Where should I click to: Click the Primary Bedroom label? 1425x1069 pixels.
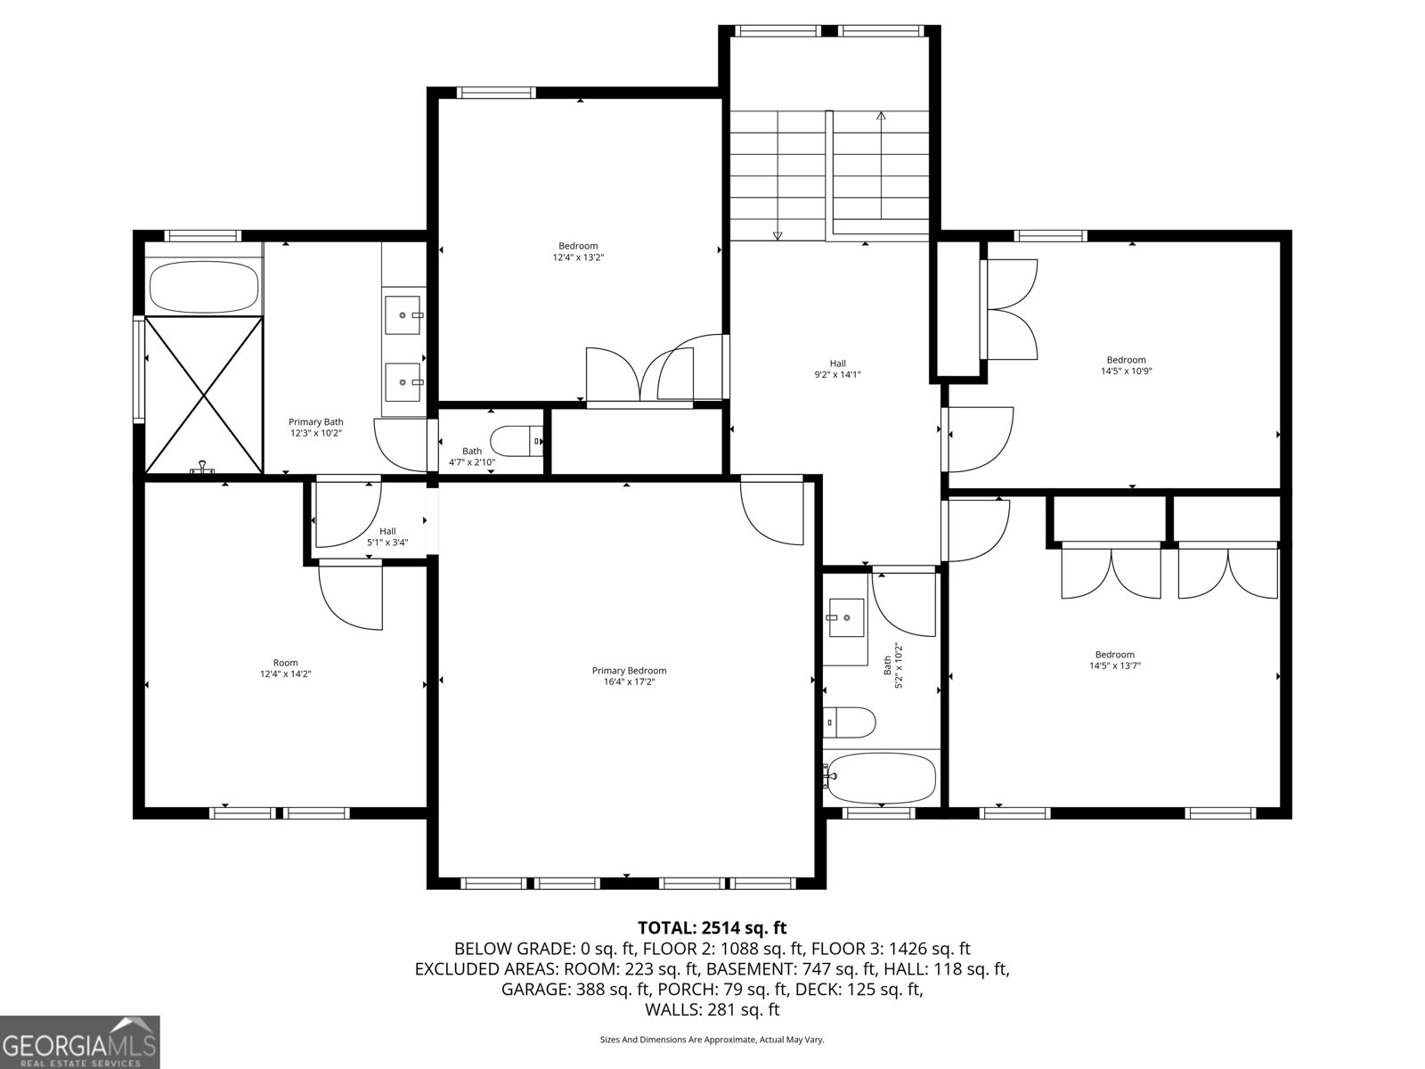629,671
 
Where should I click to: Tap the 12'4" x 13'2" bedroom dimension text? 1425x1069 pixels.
578,257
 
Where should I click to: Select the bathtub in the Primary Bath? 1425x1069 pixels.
204,287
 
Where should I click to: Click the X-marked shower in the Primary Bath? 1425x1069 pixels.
204,395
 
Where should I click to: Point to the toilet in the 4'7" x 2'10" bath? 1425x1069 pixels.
517,440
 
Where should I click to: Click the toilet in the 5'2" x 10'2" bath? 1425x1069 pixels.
850,722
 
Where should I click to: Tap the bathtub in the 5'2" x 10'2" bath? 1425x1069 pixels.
881,778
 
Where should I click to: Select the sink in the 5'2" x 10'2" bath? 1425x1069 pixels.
845,617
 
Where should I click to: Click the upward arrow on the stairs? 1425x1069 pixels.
881,116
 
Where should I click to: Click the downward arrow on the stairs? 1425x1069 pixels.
778,235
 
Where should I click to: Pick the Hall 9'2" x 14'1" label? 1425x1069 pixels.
837,369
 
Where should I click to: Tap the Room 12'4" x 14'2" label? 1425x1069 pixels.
285,668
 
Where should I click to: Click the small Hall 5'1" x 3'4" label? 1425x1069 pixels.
387,536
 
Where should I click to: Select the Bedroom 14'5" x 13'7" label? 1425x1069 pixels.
1114,659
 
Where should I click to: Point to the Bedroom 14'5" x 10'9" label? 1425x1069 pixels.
1126,365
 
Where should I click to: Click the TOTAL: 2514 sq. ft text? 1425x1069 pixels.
712,927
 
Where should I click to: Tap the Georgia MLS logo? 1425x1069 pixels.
80,1041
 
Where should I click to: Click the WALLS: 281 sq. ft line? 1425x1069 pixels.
712,1009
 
